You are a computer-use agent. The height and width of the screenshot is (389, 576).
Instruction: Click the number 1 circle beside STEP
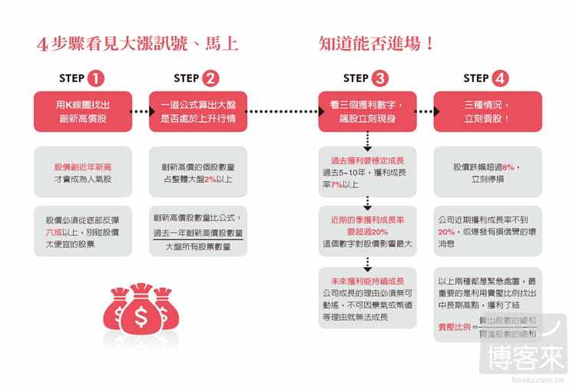(x=97, y=78)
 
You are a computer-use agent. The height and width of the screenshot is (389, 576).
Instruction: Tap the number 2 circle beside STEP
(x=212, y=78)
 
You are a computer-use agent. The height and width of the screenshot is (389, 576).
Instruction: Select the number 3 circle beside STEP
(x=380, y=78)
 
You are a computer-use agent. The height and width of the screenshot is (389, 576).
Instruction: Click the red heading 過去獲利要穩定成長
(x=367, y=160)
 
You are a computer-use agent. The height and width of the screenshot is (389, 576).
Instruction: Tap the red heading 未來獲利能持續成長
(x=367, y=282)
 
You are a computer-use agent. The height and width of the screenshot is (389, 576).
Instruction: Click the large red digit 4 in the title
(x=43, y=45)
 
